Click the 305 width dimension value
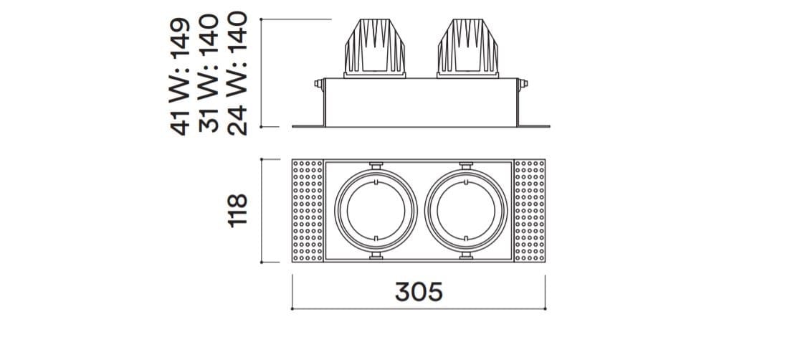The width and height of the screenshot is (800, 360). pos(419,292)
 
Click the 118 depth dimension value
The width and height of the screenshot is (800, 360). pos(238,210)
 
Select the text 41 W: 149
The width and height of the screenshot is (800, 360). pos(180,77)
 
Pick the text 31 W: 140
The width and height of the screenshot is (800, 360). pos(209,74)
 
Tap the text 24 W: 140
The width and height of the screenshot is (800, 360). pos(237,74)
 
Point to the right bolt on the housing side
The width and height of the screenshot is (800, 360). pos(523,84)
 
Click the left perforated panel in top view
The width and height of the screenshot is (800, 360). pos(308,211)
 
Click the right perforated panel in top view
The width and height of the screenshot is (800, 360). pos(530,211)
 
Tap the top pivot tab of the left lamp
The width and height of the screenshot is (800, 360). pos(376,166)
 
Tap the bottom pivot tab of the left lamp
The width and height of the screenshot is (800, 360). pos(376,255)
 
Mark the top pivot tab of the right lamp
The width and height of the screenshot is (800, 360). pos(466,166)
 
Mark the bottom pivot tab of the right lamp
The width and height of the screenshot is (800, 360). pos(466,255)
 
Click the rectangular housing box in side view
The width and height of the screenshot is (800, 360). pos(421,102)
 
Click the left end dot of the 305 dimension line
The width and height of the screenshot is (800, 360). pos(292,309)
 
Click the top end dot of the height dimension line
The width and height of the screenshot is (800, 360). pos(261,19)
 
